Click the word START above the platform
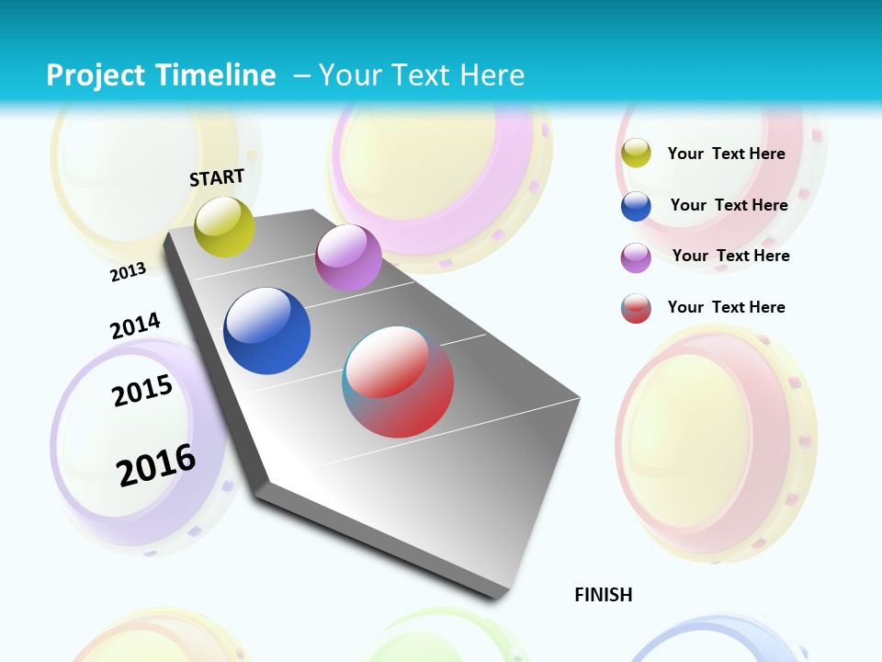tap(217, 177)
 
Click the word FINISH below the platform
tap(604, 595)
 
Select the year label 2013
tap(128, 271)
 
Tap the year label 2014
tap(135, 325)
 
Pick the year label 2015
tap(142, 391)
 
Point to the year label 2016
tap(156, 464)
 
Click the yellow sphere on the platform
tap(224, 226)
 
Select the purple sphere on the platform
tap(348, 257)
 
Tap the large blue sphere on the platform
tap(267, 331)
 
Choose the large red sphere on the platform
tap(398, 382)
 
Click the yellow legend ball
tap(636, 154)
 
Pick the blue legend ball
tap(636, 206)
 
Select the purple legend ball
tap(636, 257)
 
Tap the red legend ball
tap(636, 308)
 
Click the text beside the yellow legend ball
tap(726, 154)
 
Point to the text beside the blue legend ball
tap(729, 205)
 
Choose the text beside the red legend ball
tap(726, 307)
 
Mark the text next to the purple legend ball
tap(730, 256)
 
